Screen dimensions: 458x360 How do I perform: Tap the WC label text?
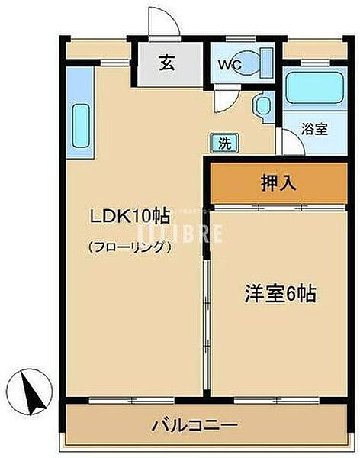click(x=231, y=66)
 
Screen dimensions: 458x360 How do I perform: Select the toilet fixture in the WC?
click(x=261, y=60)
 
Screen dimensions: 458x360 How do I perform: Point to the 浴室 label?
click(x=313, y=129)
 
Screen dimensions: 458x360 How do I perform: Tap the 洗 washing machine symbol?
click(x=225, y=142)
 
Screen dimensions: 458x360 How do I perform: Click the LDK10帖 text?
click(x=130, y=217)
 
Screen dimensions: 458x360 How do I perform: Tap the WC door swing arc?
click(x=225, y=95)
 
